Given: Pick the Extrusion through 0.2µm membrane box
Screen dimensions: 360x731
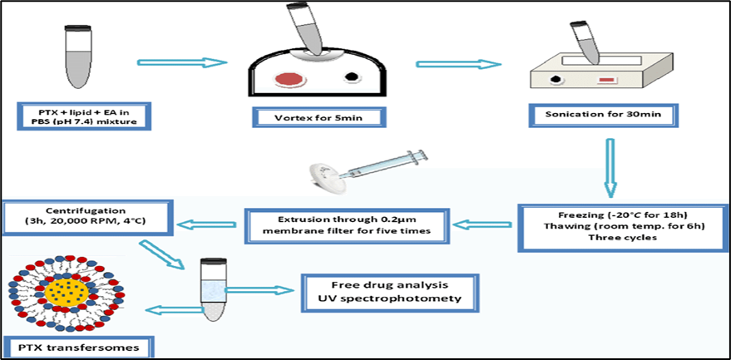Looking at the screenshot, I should pos(347,222).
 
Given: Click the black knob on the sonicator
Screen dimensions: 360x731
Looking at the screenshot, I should pos(556,81).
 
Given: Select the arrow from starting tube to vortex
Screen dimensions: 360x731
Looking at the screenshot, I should pos(182,62).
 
